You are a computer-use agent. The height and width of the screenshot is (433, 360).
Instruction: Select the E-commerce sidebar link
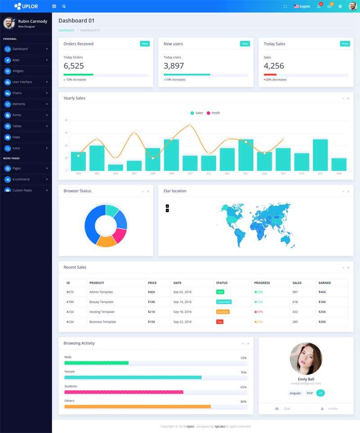tap(21, 179)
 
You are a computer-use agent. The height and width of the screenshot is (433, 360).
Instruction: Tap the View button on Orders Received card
tap(144, 44)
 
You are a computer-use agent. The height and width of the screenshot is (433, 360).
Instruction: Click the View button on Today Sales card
tap(345, 44)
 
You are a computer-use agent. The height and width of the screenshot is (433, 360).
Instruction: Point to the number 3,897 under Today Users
tap(174, 66)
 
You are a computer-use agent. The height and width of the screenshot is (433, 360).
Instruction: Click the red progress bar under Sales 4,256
tap(270, 75)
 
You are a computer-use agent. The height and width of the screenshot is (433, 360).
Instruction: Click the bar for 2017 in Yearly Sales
tap(320, 155)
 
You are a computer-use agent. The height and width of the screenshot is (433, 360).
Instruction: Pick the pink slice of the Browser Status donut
tap(119, 235)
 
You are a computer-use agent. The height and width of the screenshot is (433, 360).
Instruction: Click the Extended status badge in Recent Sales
tap(224, 302)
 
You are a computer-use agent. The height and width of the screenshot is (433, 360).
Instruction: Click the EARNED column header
tap(324, 283)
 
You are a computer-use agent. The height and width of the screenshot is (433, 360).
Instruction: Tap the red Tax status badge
tap(220, 321)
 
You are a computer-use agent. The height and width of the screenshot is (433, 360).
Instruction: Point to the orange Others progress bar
tap(137, 406)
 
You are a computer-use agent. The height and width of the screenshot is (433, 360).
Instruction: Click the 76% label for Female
tap(243, 372)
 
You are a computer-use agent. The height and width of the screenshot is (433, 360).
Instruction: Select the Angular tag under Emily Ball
tap(295, 393)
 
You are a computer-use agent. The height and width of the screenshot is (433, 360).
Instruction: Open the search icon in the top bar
tap(64, 6)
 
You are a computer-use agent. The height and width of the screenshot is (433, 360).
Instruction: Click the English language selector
tap(302, 6)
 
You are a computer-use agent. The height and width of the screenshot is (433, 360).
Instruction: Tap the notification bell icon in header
tap(319, 6)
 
